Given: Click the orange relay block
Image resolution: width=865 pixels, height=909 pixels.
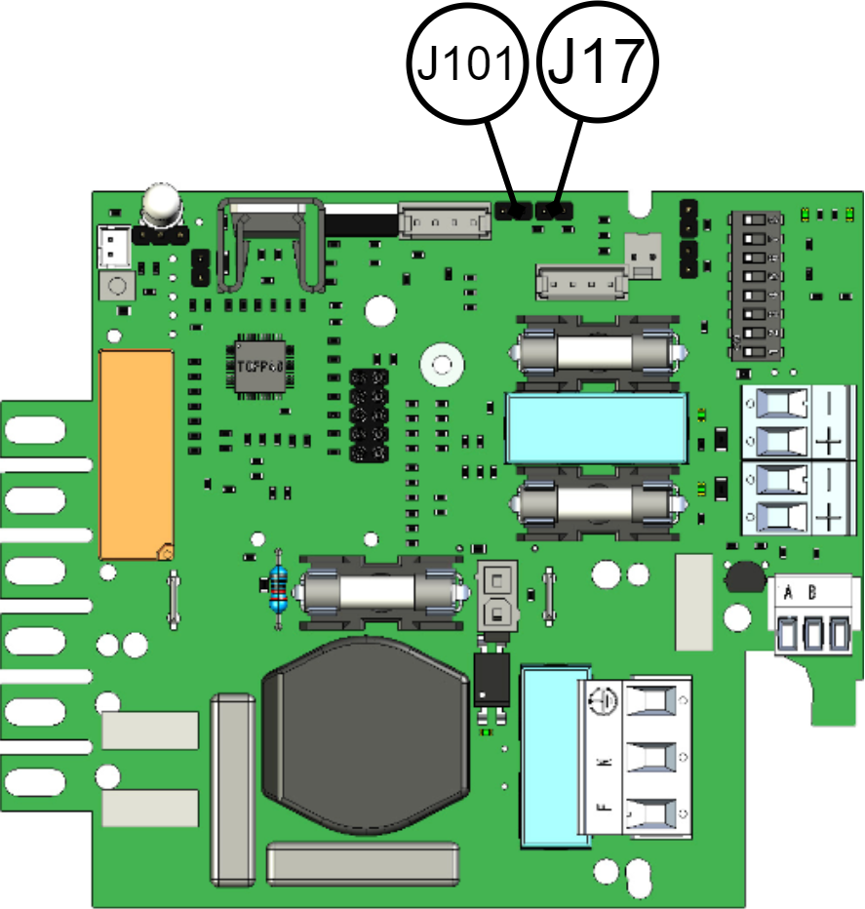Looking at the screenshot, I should pyautogui.click(x=137, y=454).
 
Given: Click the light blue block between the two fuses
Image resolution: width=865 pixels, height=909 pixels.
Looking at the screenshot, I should pyautogui.click(x=596, y=428).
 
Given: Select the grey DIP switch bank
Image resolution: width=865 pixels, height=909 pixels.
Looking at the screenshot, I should pyautogui.click(x=756, y=285).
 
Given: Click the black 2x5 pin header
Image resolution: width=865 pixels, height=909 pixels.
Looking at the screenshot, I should pyautogui.click(x=369, y=415).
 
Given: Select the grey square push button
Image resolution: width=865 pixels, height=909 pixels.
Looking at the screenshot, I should pyautogui.click(x=117, y=287).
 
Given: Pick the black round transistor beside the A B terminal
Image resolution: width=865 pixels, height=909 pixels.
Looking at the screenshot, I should pyautogui.click(x=745, y=577).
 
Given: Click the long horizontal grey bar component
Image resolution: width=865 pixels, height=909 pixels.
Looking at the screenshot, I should pyautogui.click(x=363, y=863).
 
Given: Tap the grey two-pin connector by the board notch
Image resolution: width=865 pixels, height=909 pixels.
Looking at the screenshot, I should pyautogui.click(x=642, y=256).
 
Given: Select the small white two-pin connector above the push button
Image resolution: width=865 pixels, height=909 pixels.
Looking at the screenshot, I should pyautogui.click(x=115, y=247).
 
